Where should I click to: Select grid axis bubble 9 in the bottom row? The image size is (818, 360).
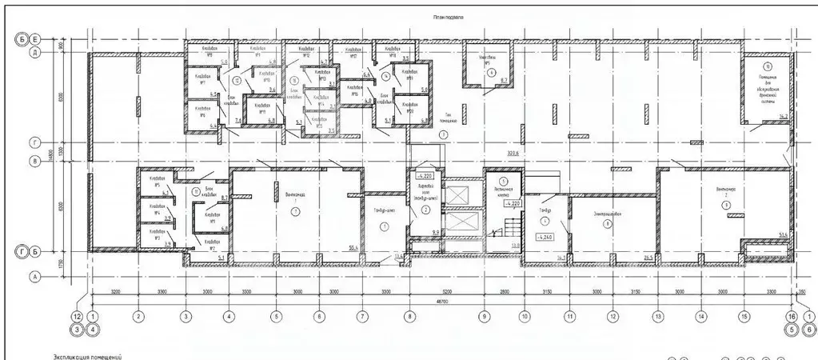pos(484,316)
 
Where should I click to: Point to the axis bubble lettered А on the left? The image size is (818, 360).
pos(35,277)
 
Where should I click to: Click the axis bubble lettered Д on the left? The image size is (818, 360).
pos(35,54)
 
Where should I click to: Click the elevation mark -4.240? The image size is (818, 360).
pos(546,237)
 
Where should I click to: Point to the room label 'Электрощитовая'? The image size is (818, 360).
pos(611,214)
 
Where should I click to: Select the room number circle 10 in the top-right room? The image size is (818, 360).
pos(768,67)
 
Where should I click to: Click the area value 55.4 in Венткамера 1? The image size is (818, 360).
pos(352,249)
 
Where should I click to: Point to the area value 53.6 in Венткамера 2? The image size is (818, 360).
pos(784,234)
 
